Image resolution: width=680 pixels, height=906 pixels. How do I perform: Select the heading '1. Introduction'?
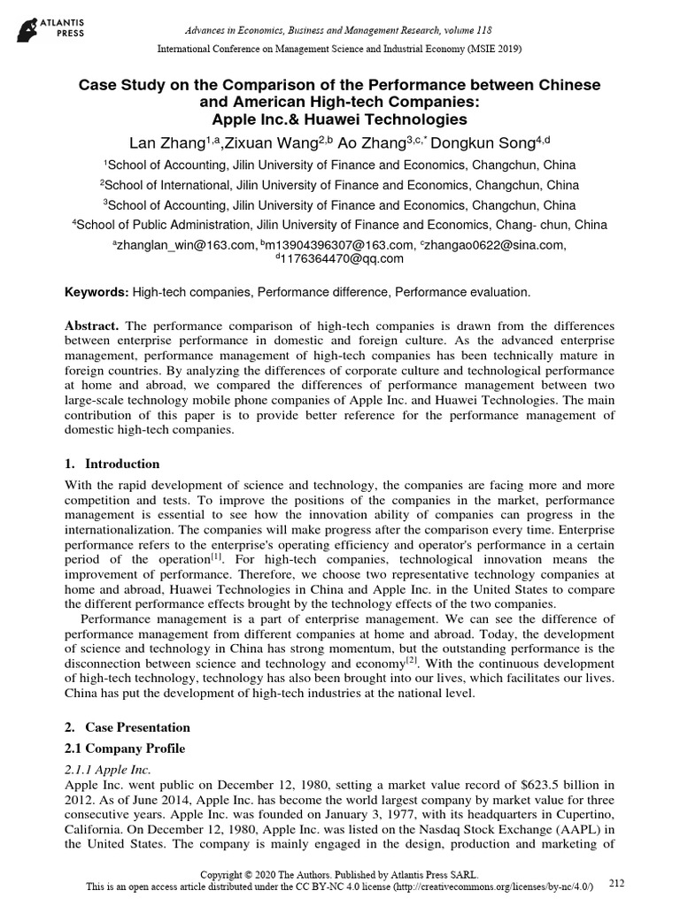(x=112, y=464)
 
